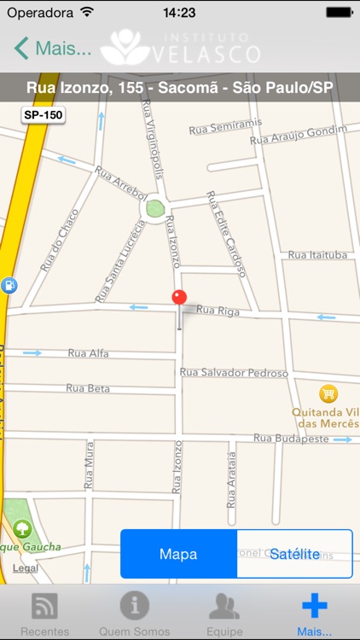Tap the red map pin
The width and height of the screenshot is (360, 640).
pos(179,299)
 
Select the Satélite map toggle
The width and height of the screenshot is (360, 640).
pos(294,554)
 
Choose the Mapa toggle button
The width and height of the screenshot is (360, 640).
pos(178,554)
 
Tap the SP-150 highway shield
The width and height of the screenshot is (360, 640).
pos(43,114)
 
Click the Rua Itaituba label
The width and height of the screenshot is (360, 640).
pos(316,255)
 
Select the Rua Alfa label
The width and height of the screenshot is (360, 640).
pos(88,353)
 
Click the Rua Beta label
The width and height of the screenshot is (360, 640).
pos(88,388)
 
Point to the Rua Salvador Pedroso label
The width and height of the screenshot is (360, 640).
pos(234,373)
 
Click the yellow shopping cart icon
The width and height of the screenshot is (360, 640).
pos(328,393)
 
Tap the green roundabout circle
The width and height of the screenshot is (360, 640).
pos(154,207)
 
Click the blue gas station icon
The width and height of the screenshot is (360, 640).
pos(8,286)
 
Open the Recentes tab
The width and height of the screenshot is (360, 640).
pos(44,613)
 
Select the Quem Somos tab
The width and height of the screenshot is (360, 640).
pos(134,613)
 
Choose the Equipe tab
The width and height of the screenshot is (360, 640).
pos(224,613)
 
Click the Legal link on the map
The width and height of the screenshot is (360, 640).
pos(26,567)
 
